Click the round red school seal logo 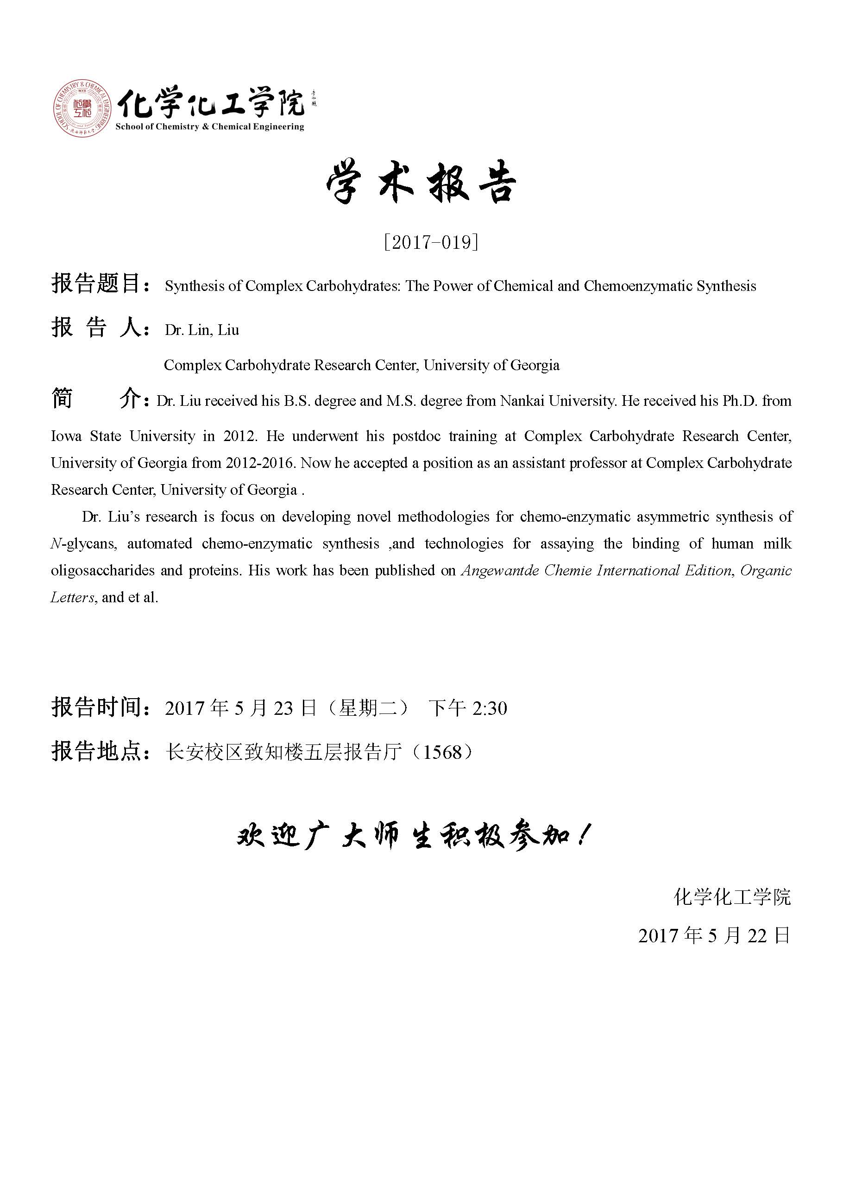(x=82, y=108)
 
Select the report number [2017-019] (x=430, y=242)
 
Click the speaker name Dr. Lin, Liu (x=202, y=330)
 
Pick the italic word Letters (x=72, y=598)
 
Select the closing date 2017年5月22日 (x=714, y=935)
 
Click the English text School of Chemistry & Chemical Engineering (x=210, y=126)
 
